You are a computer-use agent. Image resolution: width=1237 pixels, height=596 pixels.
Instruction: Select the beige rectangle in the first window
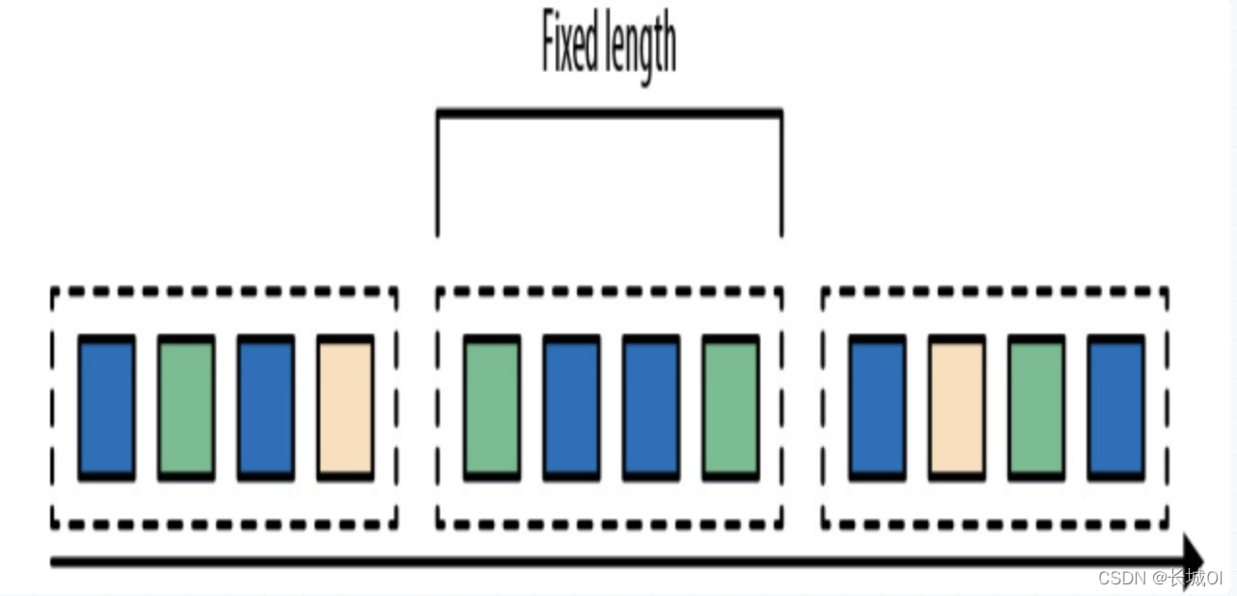345,408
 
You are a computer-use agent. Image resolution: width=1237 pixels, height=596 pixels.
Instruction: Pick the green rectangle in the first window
186,408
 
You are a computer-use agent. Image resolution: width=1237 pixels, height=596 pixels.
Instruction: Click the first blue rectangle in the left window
107,408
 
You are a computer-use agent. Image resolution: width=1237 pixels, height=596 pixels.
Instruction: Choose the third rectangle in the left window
265,408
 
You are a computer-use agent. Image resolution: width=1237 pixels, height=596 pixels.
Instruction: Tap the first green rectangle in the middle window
492,408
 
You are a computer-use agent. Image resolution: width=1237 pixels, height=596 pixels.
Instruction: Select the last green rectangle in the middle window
730,408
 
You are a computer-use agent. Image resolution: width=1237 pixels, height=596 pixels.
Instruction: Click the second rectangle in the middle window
571,408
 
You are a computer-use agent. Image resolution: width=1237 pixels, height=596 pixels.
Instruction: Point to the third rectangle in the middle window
650,408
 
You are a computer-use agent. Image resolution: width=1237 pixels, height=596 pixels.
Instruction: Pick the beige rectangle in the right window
957,408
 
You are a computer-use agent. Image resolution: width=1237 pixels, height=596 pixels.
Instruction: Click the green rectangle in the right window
1036,408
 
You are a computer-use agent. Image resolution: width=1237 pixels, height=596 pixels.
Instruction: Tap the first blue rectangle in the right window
877,408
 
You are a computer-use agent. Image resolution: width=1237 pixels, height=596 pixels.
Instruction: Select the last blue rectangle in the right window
1115,408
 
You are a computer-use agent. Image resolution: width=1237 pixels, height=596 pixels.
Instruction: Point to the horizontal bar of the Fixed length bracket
609,113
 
